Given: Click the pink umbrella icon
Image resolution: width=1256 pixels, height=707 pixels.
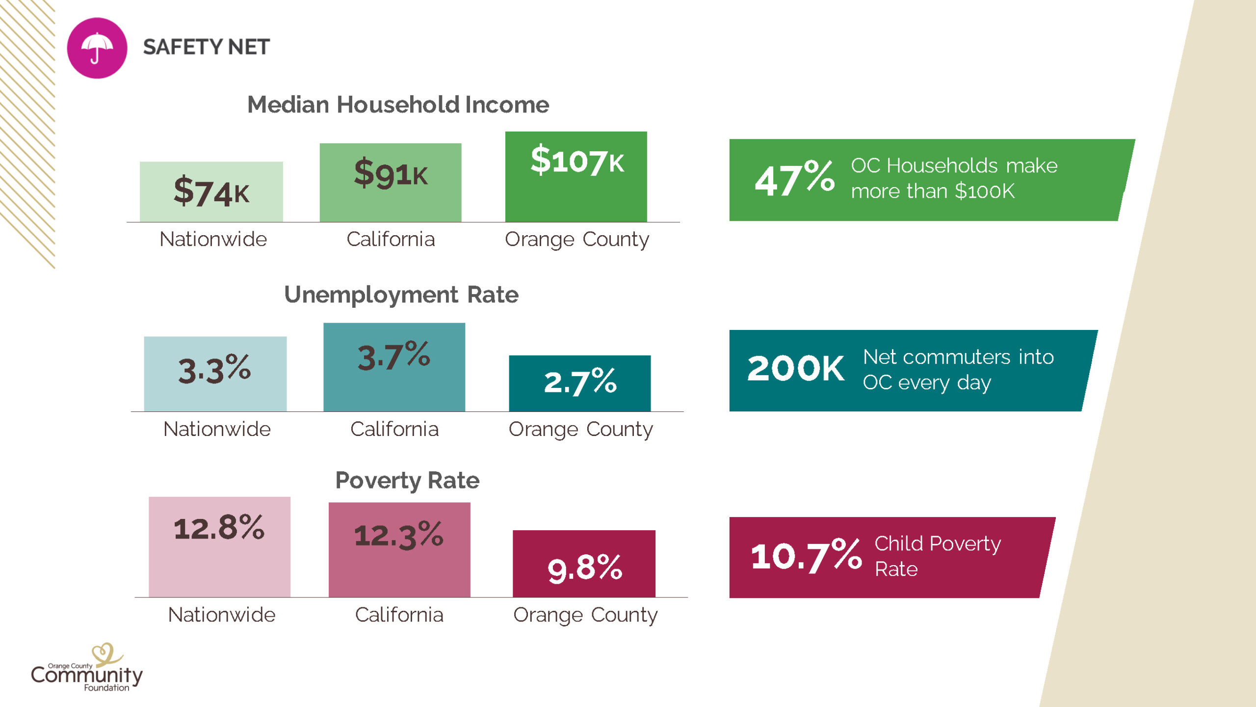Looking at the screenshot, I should [97, 48].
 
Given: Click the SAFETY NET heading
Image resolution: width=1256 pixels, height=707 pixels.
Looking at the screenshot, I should [206, 47].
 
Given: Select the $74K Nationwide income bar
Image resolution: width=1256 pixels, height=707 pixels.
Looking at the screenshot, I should [211, 191].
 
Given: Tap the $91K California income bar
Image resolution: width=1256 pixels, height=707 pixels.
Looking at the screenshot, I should [391, 182].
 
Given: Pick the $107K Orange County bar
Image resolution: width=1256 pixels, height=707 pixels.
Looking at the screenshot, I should [576, 176].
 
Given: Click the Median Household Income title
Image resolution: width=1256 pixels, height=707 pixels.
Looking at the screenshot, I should [398, 105].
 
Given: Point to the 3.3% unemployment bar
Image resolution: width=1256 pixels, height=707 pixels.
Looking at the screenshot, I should [215, 374].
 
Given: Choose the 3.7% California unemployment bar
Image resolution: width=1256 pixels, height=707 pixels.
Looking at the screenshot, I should [394, 367].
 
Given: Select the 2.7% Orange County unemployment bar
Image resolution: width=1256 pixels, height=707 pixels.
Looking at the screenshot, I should [579, 383].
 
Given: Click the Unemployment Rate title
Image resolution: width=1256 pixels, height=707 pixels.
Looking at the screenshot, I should [401, 295].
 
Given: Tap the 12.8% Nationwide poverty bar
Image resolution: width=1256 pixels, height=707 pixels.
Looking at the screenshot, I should [219, 546].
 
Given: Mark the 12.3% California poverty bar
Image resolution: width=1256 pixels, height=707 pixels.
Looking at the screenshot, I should [399, 549].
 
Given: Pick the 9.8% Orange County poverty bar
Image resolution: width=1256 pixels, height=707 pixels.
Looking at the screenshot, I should [584, 563].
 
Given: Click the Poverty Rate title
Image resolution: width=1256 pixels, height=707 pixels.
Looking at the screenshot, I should [407, 480].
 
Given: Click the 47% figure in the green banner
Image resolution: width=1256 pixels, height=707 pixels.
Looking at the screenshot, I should [794, 179].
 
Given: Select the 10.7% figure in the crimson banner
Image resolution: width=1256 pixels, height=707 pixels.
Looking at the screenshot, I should [806, 556].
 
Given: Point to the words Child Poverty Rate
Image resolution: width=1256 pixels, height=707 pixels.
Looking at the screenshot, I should [937, 556].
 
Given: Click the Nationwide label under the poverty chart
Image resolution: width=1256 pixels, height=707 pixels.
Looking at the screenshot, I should [222, 615].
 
